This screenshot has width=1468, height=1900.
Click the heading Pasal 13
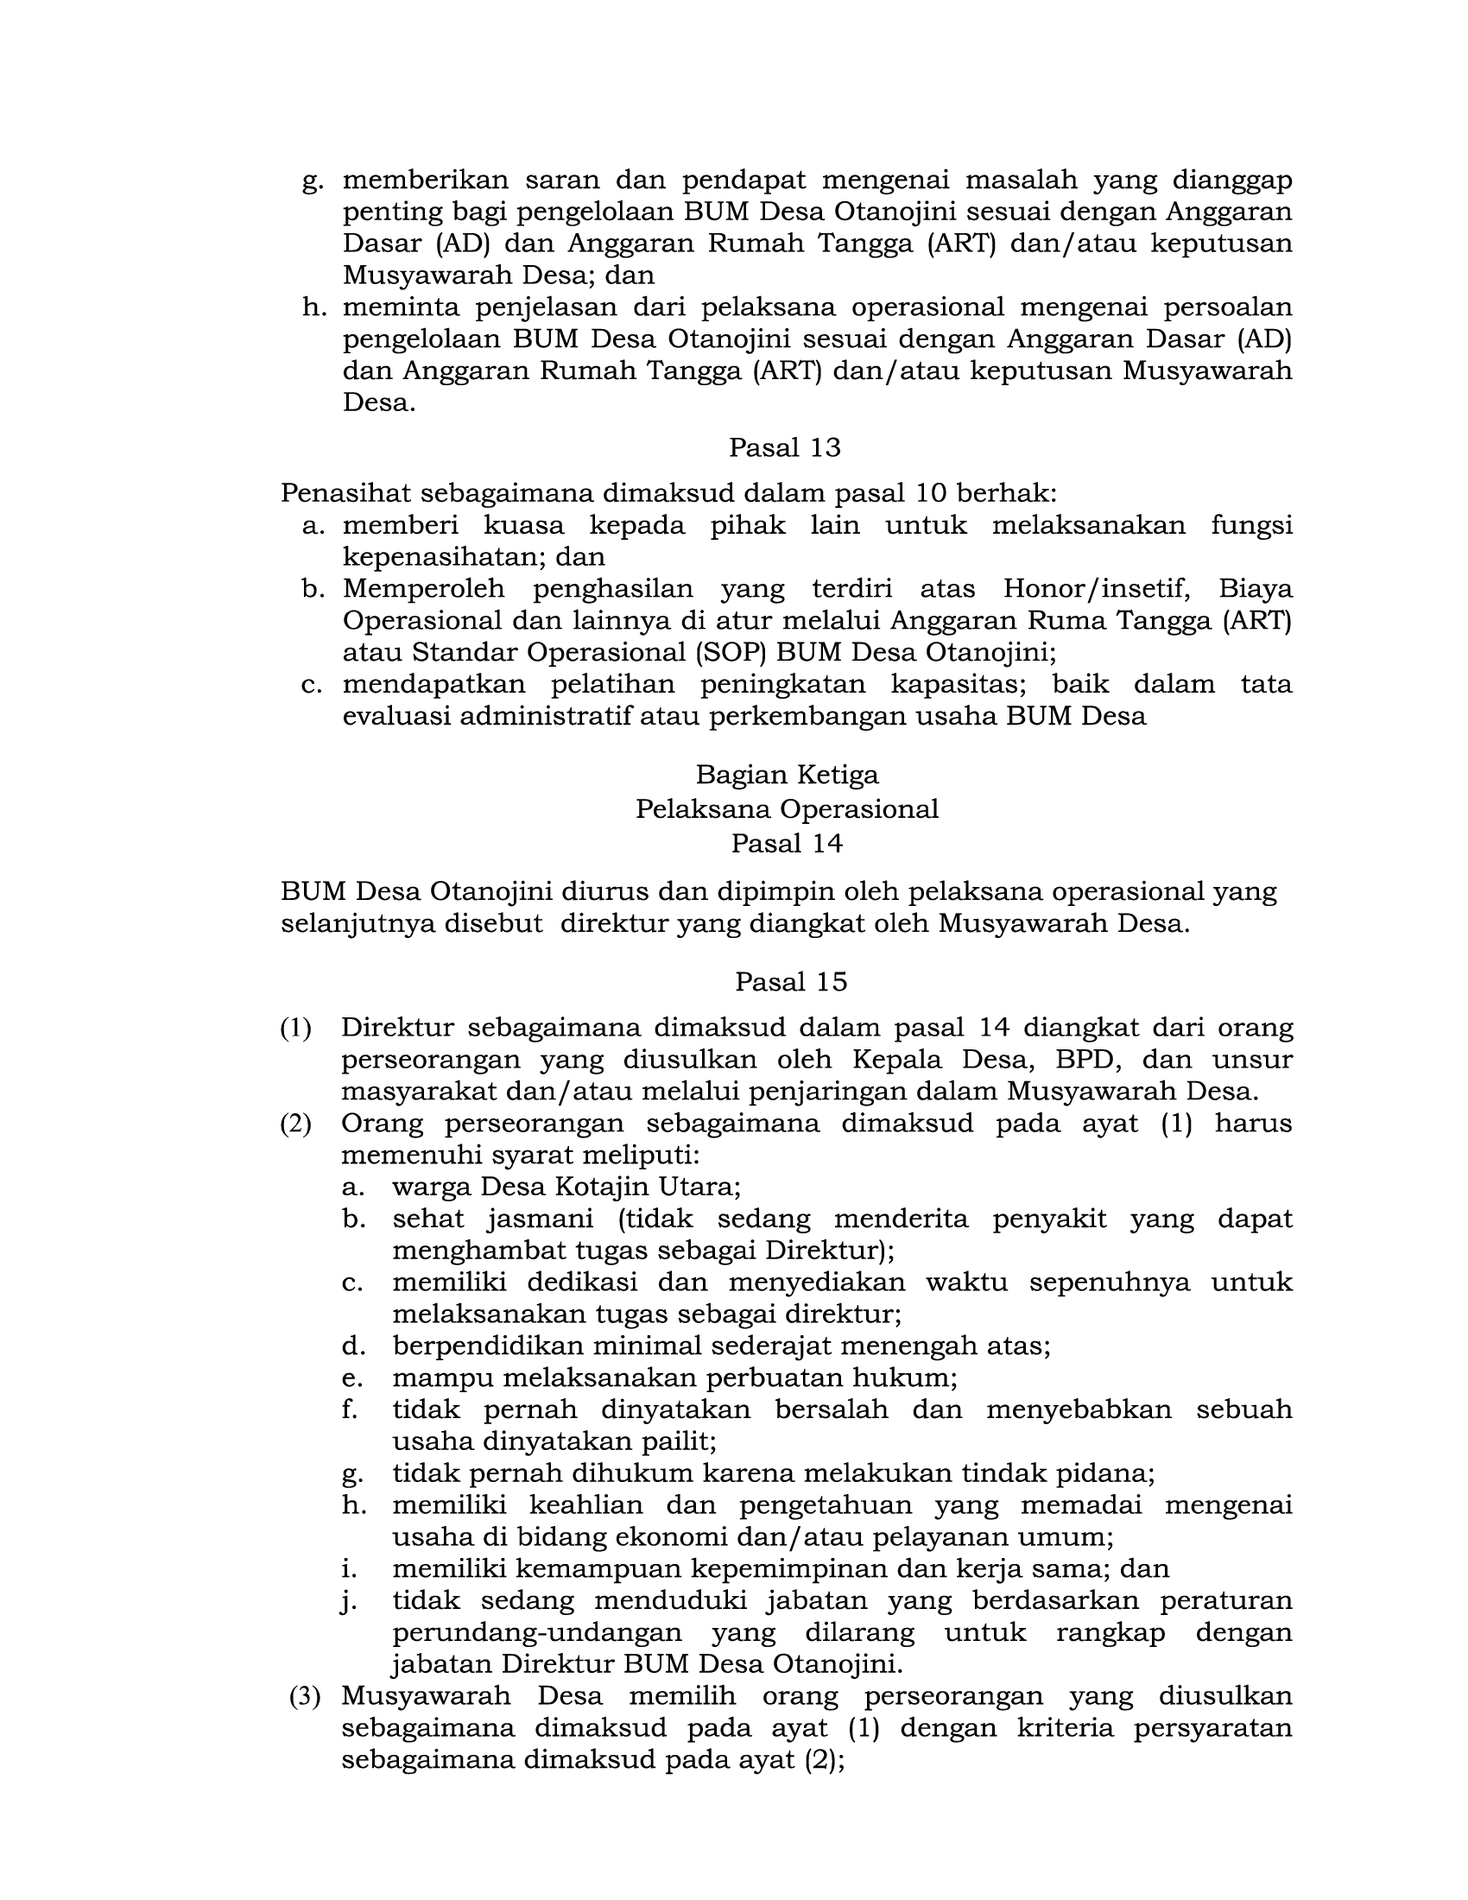coord(784,447)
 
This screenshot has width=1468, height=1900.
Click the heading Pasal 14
coord(786,843)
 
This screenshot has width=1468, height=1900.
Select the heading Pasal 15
coord(790,981)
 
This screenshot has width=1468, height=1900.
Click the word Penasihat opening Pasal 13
coord(345,493)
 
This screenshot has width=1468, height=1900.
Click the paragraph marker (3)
coord(304,1695)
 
